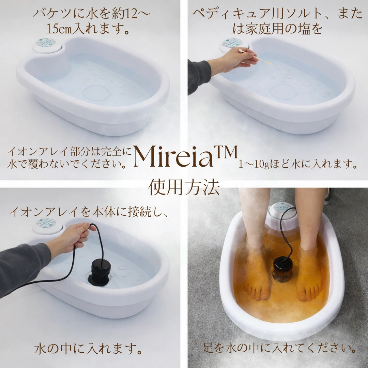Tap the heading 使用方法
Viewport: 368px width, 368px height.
pos(184,187)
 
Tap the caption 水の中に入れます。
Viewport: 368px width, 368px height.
pos(88,349)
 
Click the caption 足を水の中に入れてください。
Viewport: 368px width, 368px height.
pos(280,349)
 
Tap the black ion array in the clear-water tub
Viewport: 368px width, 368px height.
pos(99,271)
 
